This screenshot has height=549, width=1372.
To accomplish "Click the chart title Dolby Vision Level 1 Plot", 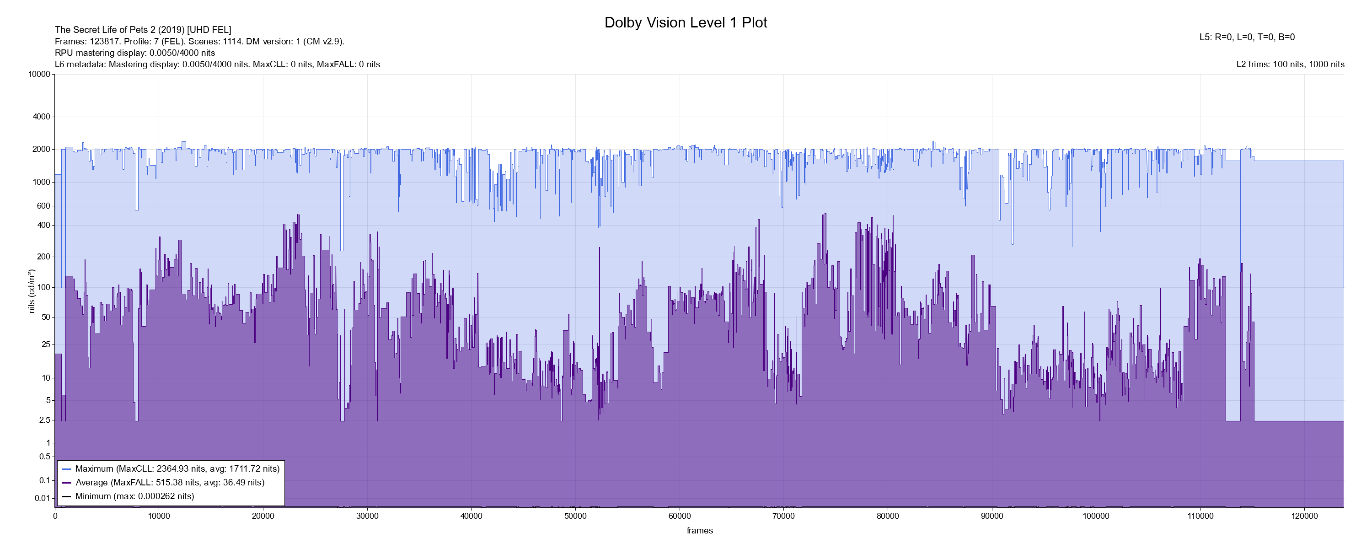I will click(686, 22).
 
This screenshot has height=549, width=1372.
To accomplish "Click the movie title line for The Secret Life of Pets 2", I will click(143, 30).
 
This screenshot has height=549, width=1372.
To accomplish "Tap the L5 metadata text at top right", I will click(1247, 38).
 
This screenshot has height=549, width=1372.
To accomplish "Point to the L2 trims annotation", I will click(1290, 65).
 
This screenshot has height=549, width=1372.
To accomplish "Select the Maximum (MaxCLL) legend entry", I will click(177, 469).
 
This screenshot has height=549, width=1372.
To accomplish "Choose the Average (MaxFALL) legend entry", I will click(169, 482).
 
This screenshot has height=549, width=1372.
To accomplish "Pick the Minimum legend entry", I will click(134, 496).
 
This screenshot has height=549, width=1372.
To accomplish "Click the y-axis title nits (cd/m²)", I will click(32, 291).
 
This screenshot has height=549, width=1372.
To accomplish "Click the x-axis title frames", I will click(699, 531).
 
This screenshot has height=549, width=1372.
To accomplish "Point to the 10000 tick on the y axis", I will click(39, 74).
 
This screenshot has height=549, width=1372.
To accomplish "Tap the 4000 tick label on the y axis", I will click(42, 117).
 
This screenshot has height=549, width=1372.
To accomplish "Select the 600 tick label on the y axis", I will click(43, 206).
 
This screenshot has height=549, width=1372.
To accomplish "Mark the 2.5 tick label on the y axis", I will click(45, 420).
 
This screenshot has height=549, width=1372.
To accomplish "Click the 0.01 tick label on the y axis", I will click(43, 498).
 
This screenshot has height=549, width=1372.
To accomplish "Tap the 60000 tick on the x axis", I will click(680, 516).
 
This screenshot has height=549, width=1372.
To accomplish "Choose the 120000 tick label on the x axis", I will click(1304, 516).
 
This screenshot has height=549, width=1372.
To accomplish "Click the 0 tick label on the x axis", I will click(55, 516).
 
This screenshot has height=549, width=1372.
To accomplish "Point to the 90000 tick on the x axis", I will click(991, 516).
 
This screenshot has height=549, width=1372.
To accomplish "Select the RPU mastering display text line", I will click(135, 53).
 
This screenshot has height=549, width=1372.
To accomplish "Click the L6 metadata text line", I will click(217, 65).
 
